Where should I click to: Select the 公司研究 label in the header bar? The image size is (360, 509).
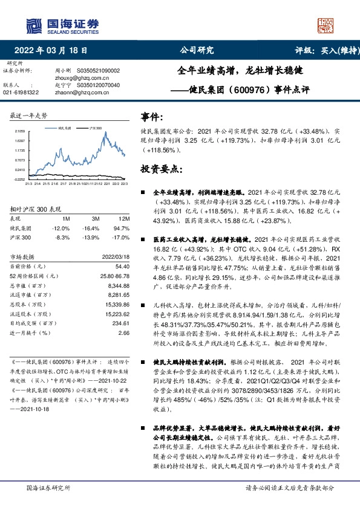[x=197, y=51]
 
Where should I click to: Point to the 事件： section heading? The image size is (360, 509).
[x=151, y=115]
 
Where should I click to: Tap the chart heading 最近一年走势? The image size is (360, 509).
[x=29, y=115]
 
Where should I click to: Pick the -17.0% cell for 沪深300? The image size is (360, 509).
[x=123, y=237]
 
